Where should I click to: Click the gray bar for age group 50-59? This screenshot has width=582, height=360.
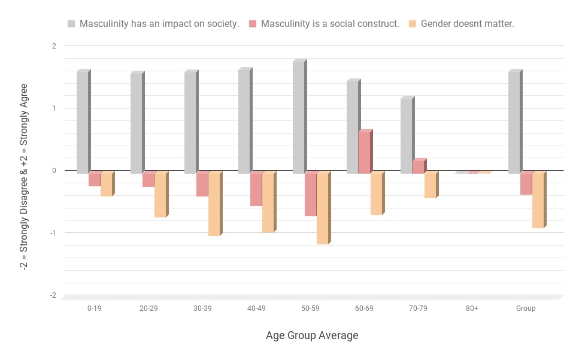[298, 117]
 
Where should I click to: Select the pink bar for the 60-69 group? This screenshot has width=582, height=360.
[364, 152]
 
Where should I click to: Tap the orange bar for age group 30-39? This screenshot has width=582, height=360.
[214, 204]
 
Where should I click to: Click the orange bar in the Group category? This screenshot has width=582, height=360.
[538, 201]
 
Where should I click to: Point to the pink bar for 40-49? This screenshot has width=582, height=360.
[256, 189]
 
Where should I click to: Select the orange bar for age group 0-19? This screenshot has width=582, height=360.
[106, 184]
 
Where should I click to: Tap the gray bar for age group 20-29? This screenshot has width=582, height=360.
[136, 123]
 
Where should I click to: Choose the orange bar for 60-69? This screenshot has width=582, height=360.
[376, 194]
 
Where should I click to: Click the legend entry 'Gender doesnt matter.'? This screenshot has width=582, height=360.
[467, 24]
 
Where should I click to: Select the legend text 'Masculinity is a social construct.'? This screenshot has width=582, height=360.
[330, 24]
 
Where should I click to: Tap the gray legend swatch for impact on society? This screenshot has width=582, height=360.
[71, 24]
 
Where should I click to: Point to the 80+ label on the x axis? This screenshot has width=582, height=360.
[472, 308]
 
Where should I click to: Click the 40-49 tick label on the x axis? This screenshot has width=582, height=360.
[256, 308]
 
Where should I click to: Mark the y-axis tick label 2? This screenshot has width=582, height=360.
[54, 46]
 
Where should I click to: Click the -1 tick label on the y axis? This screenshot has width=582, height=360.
[53, 233]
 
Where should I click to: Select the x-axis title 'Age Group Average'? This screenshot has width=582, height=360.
[312, 335]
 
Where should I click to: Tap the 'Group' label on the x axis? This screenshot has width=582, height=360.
[526, 308]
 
